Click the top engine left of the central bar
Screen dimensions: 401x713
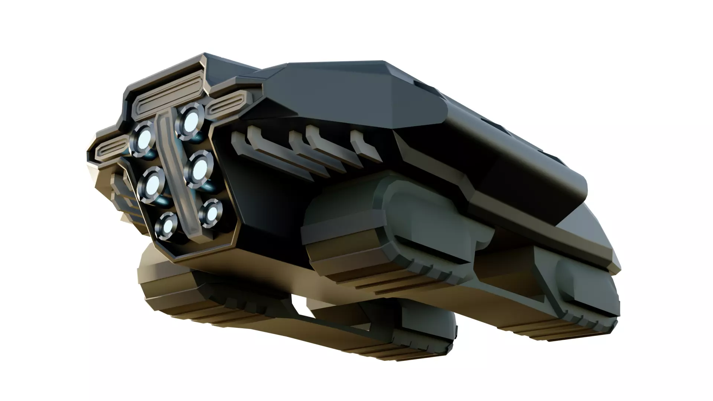(x=143, y=138)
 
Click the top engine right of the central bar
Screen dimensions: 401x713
(x=191, y=119)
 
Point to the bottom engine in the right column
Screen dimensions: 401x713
(x=211, y=213)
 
